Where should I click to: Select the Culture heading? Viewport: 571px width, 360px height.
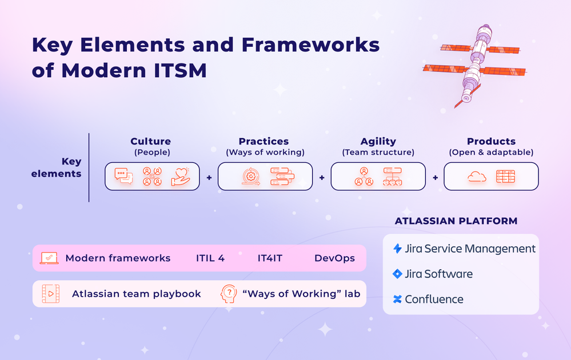point(150,141)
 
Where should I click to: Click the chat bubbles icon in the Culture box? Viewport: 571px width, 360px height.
point(123,177)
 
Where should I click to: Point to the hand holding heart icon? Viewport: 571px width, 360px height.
point(180,176)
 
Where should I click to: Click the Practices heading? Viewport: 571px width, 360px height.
point(263,141)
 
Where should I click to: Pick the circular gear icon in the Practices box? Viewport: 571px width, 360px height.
point(251,177)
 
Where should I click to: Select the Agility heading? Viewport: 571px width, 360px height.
point(378,141)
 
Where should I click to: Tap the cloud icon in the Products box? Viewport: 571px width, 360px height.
point(477,177)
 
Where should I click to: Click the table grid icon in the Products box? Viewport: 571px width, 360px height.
point(505,177)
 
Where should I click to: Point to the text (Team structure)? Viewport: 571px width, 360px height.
point(378,153)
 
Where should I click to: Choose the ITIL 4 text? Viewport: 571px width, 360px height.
point(210,258)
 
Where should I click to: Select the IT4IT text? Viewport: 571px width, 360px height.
point(270,258)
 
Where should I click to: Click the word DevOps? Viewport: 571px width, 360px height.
point(334,258)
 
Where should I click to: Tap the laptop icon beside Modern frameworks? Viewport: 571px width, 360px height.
point(49,258)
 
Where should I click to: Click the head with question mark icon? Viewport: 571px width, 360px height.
point(228,294)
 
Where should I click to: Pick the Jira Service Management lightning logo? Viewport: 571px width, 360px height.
point(397,249)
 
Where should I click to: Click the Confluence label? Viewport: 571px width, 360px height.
point(434,299)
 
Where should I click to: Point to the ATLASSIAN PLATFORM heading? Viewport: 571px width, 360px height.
point(456,221)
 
